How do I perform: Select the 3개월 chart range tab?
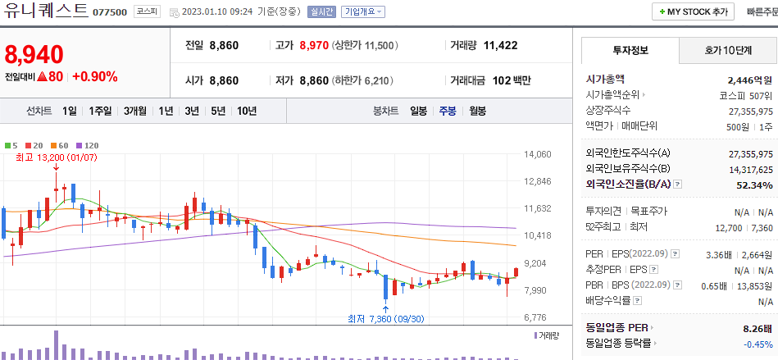point(136,111)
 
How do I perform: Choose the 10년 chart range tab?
point(246,111)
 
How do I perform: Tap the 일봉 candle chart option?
point(418,111)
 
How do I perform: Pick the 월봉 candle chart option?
point(477,111)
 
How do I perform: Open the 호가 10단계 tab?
point(728,50)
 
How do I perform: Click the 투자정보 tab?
point(630,50)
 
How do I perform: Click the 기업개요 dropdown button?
point(362,12)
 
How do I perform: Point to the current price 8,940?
point(34,55)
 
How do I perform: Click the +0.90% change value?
point(95,77)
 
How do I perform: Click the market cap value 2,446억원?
point(749,80)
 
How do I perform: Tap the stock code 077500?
point(109,12)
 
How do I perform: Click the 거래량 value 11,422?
point(500,45)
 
